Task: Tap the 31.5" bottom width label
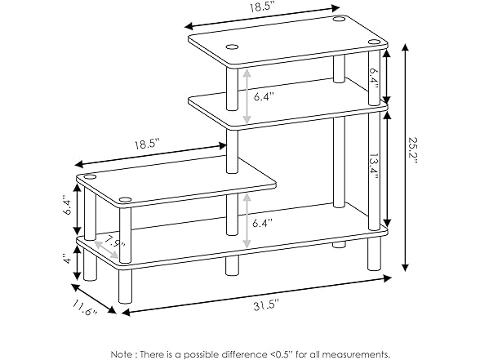coord(266,305)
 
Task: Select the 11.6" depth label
coord(85,309)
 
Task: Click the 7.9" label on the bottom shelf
coord(114,242)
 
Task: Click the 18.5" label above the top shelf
coord(260,7)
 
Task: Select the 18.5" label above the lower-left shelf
coord(148,144)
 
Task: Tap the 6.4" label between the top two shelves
coord(263,96)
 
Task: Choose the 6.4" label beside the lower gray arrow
coord(262,223)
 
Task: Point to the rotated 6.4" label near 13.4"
coord(374,78)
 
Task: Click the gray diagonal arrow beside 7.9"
coord(106,250)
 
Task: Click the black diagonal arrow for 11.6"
coord(94,299)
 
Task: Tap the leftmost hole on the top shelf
coord(232,47)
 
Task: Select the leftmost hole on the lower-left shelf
coord(90,176)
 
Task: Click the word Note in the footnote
coord(121,354)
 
